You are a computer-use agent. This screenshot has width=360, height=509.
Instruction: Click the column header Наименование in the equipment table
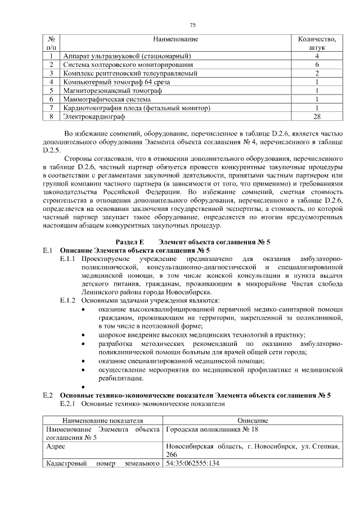tap(175, 39)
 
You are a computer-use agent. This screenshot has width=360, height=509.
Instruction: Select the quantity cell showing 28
tap(317, 116)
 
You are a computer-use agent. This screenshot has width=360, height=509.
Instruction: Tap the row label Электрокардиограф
tap(94, 116)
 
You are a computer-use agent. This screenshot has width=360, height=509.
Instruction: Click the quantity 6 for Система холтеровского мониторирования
tap(317, 65)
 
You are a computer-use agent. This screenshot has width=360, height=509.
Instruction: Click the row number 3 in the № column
tap(51, 73)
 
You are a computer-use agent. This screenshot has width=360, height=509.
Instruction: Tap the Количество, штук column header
tap(317, 43)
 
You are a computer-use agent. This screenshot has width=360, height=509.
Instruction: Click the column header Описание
tap(252, 420)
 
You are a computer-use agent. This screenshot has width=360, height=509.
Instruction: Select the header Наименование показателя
tap(102, 420)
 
